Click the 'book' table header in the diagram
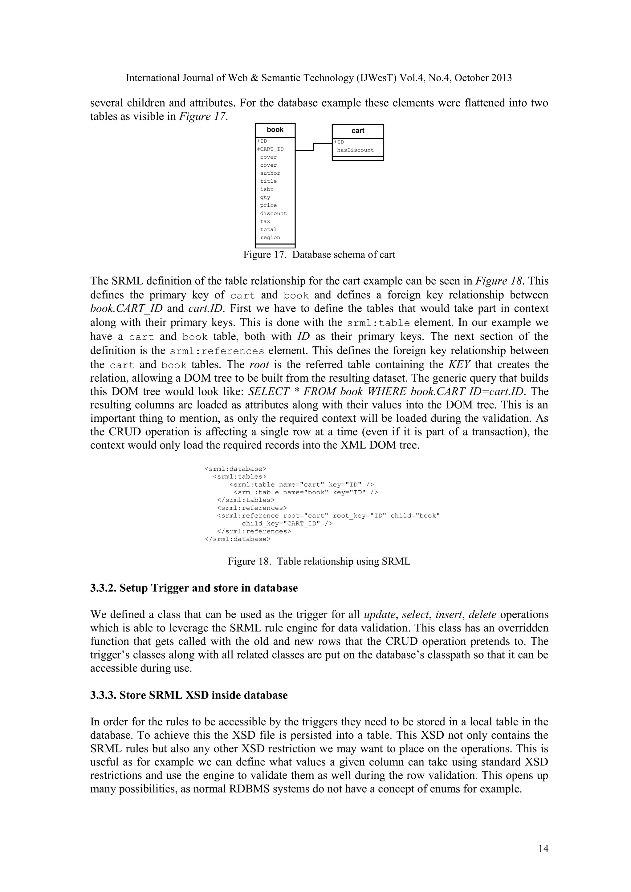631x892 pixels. coord(275,130)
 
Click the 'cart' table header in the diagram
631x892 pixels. coord(358,131)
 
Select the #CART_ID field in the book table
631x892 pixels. coord(271,149)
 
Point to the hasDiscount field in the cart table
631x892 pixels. coord(355,150)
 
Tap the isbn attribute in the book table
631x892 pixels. coord(267,189)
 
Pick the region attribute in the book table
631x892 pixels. coord(270,237)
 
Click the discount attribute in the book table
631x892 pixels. coord(273,213)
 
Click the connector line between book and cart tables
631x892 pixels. coord(314,147)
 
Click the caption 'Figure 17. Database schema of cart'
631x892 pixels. coord(319,255)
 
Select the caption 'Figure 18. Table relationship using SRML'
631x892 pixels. coord(319,562)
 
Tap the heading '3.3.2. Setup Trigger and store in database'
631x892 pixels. coord(194,588)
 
